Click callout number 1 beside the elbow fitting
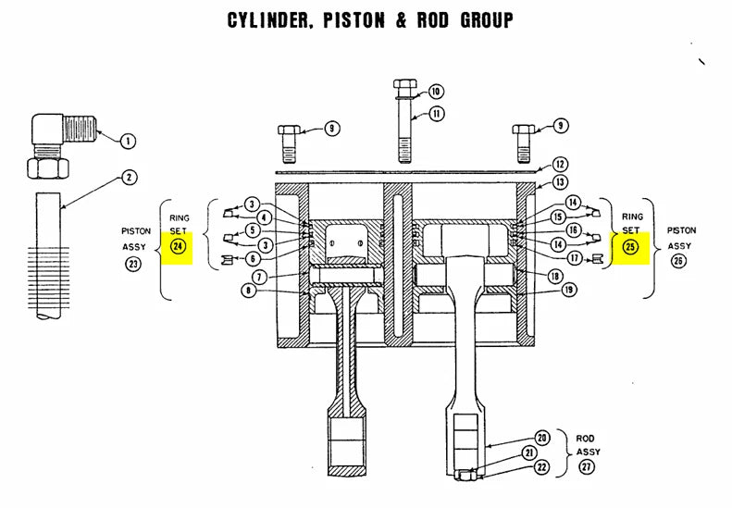pos(128,141)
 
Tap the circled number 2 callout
pos(129,177)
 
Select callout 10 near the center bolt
pos(436,92)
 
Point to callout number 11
pos(436,114)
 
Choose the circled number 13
pos(560,182)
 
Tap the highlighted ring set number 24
pos(178,246)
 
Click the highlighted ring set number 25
pos(631,246)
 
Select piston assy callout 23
pos(134,264)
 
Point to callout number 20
pos(542,438)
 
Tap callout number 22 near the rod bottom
pos(542,467)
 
